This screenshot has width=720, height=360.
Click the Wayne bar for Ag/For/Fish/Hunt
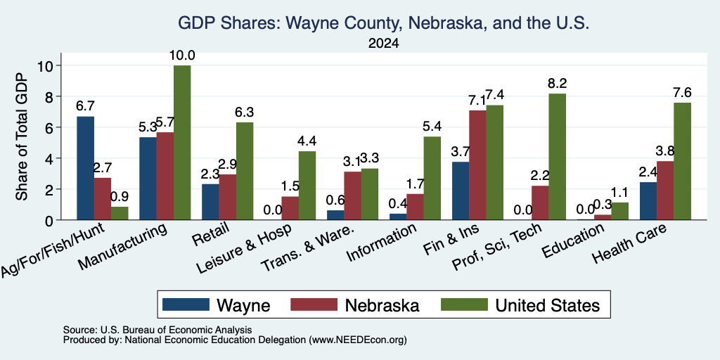coord(85,168)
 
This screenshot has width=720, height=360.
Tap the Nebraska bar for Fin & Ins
coord(477,165)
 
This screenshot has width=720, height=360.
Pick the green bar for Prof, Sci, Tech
coord(558,157)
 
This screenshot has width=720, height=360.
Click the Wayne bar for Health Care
coord(648,201)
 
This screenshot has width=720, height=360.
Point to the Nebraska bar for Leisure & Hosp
coord(290,208)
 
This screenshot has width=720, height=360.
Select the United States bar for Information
coord(432,178)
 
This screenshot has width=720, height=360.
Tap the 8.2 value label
coord(557,84)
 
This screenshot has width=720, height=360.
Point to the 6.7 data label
coord(85,106)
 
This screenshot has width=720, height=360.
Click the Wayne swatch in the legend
coord(186,304)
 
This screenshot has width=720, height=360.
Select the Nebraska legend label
coord(382,305)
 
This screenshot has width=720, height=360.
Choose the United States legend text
coord(547,305)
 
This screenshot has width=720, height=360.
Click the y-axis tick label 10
coord(46,65)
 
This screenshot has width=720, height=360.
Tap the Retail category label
coord(211,233)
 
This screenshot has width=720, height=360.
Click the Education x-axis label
coord(572,240)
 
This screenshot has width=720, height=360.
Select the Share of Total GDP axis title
coord(22,136)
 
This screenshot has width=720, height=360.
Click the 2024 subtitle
coord(383,44)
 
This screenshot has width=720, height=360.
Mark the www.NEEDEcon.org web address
coord(358,340)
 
